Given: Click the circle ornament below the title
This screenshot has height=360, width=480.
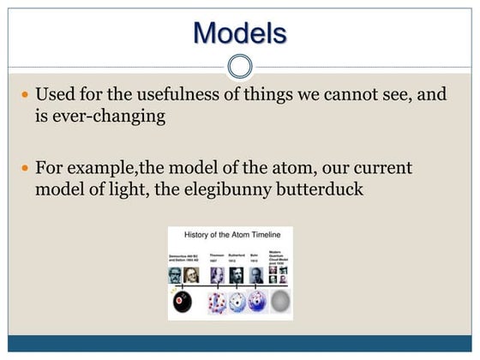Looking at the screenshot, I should pos(241,66).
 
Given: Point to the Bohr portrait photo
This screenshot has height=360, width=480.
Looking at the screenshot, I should pos(256,275).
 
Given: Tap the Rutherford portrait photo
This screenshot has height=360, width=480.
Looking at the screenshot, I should pos(237,275).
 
